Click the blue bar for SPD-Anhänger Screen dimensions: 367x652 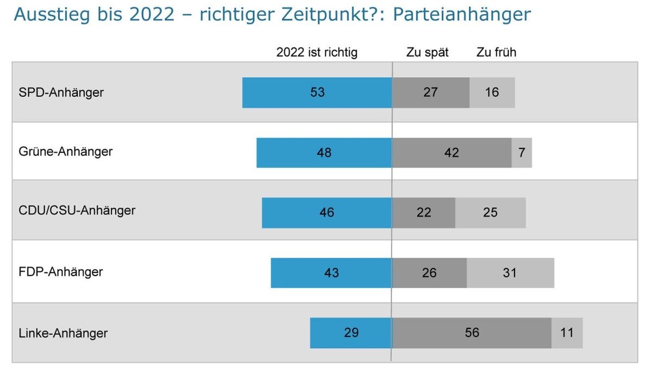(x=317, y=92)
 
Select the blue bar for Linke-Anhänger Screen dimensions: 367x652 (x=350, y=332)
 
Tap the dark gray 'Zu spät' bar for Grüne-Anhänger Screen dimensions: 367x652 (x=451, y=152)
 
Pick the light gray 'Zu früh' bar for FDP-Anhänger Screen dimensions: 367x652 (x=510, y=272)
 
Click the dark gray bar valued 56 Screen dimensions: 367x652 (x=472, y=332)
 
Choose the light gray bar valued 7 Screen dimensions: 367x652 (x=522, y=152)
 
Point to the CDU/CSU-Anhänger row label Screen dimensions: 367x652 (x=77, y=210)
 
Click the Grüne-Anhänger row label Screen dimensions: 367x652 (x=66, y=151)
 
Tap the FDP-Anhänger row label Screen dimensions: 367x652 (x=61, y=271)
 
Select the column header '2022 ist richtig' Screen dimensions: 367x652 (x=317, y=53)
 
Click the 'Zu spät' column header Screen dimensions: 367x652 (x=427, y=53)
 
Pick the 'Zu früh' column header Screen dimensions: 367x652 (x=496, y=53)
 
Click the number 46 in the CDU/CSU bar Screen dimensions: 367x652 (x=327, y=213)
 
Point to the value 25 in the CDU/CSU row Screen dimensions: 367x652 (x=490, y=213)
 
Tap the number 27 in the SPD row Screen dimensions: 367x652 (x=430, y=92)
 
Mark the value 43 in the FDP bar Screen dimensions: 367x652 (x=331, y=272)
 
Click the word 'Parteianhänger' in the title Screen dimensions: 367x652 (x=461, y=15)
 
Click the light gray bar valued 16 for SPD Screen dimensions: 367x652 (x=492, y=92)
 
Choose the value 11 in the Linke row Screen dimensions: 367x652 (x=567, y=332)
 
